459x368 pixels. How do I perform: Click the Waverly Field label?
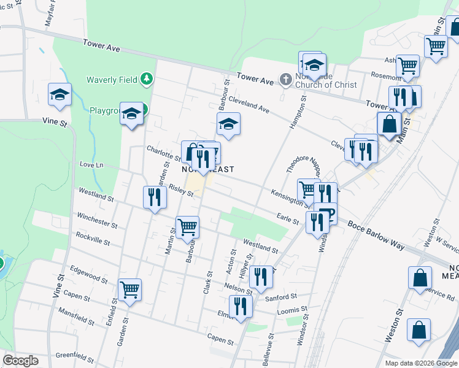[x=112, y=79]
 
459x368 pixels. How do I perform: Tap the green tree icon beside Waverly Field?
[x=146, y=79]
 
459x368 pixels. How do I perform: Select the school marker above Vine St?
[x=60, y=94]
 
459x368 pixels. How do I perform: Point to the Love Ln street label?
[x=92, y=165]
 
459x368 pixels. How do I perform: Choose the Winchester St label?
[x=97, y=220]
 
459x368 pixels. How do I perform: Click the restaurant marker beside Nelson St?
[x=261, y=277]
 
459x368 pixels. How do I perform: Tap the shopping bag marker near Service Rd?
[x=419, y=277]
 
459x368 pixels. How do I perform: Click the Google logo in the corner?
[x=20, y=361]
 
